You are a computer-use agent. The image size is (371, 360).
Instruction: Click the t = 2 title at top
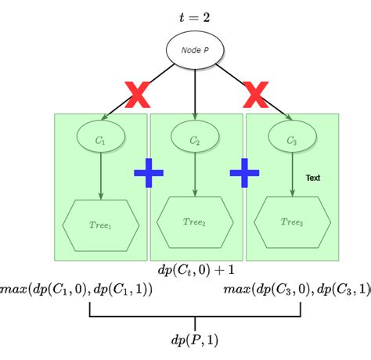coord(194,16)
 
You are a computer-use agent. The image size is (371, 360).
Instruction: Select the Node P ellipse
coord(195,49)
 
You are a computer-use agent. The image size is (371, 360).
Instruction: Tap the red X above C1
coord(138,96)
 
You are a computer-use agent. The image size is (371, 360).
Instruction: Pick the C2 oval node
coord(195,140)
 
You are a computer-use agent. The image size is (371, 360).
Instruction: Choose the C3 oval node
coord(291,140)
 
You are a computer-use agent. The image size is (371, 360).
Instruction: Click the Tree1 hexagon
coord(100,225)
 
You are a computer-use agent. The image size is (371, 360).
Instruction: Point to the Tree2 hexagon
coord(195,222)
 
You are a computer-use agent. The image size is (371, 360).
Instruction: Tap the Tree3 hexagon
coord(291,222)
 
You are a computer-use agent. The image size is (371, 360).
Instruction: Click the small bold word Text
coord(313,178)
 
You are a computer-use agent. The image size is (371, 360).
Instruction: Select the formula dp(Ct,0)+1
coord(196,270)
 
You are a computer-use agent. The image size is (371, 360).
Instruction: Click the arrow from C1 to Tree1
coord(100,176)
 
